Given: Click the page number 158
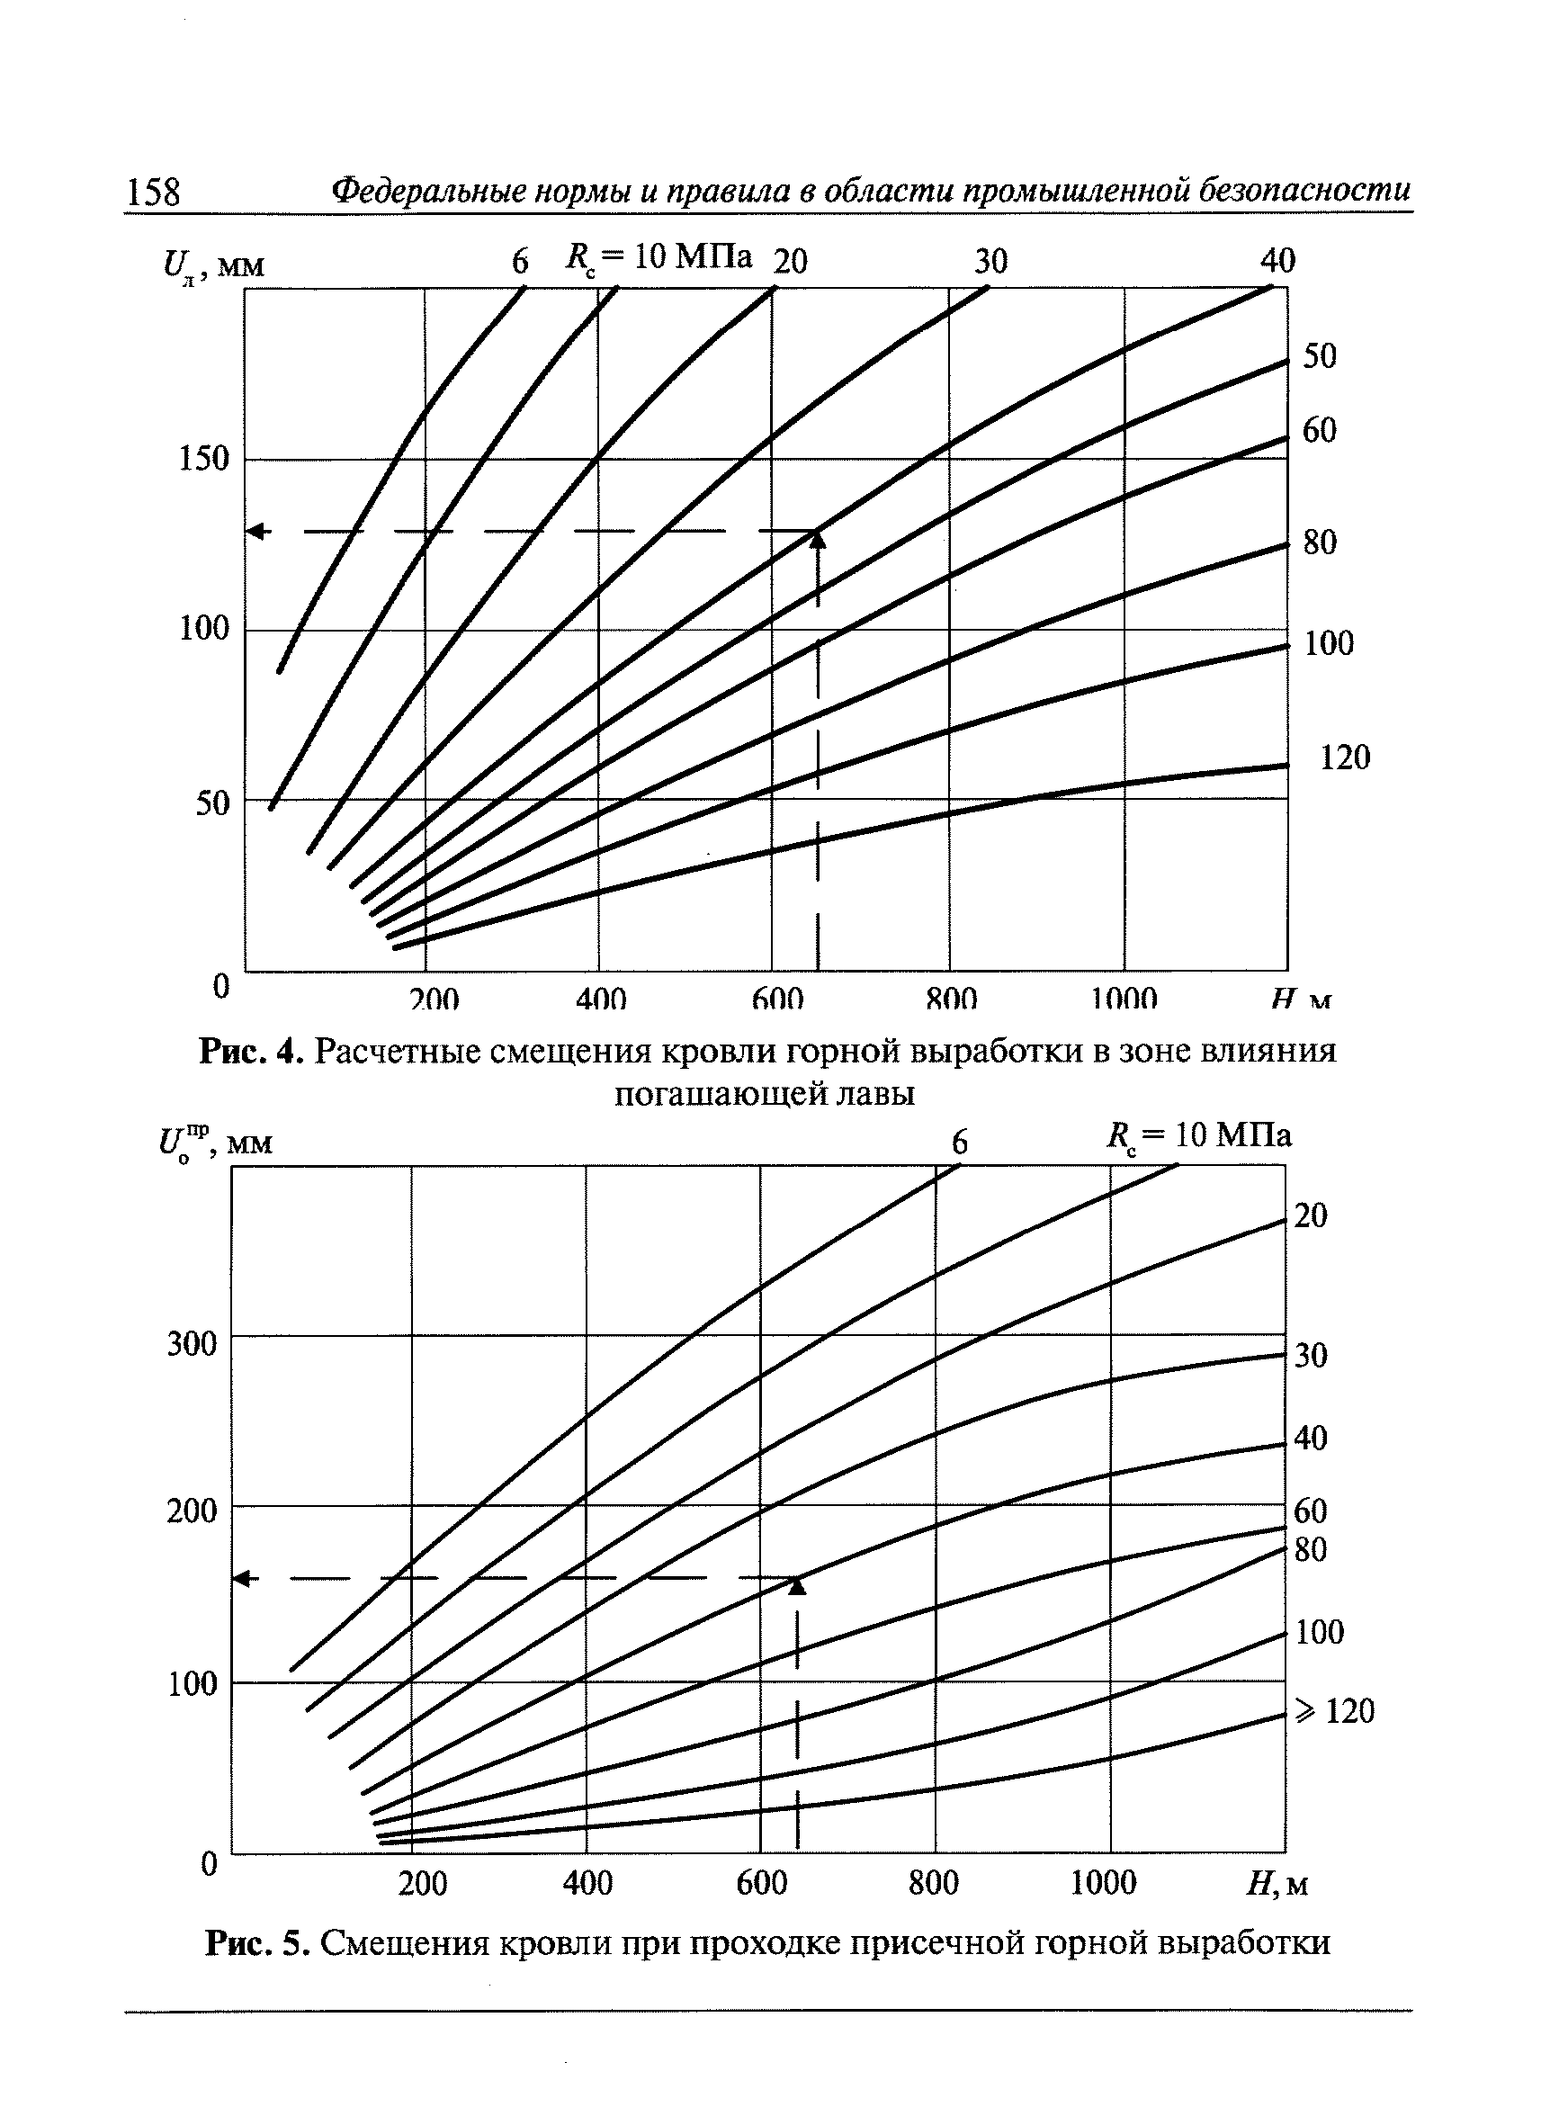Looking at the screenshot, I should pyautogui.click(x=153, y=191).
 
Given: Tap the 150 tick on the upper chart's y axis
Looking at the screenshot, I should pyautogui.click(x=204, y=458).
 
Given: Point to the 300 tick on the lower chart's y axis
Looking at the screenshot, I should pyautogui.click(x=191, y=1342).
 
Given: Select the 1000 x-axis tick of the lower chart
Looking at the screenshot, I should pyautogui.click(x=1104, y=1881).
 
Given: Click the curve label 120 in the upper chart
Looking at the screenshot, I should pyautogui.click(x=1344, y=757).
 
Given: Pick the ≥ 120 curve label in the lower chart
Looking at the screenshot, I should pyautogui.click(x=1335, y=1711).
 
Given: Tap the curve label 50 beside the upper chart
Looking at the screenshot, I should pyautogui.click(x=1319, y=356).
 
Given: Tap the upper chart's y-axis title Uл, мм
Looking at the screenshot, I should pyautogui.click(x=213, y=266).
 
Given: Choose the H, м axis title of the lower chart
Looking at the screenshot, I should pyautogui.click(x=1277, y=1882).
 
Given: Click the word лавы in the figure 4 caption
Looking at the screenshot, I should pyautogui.click(x=876, y=1093).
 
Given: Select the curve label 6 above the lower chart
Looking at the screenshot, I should pyautogui.click(x=959, y=1143).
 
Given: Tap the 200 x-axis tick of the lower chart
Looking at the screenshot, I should pyautogui.click(x=423, y=1881).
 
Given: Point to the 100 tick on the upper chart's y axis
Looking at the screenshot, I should pyautogui.click(x=204, y=629).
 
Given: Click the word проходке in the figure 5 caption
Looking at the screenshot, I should pyautogui.click(x=755, y=1943).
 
